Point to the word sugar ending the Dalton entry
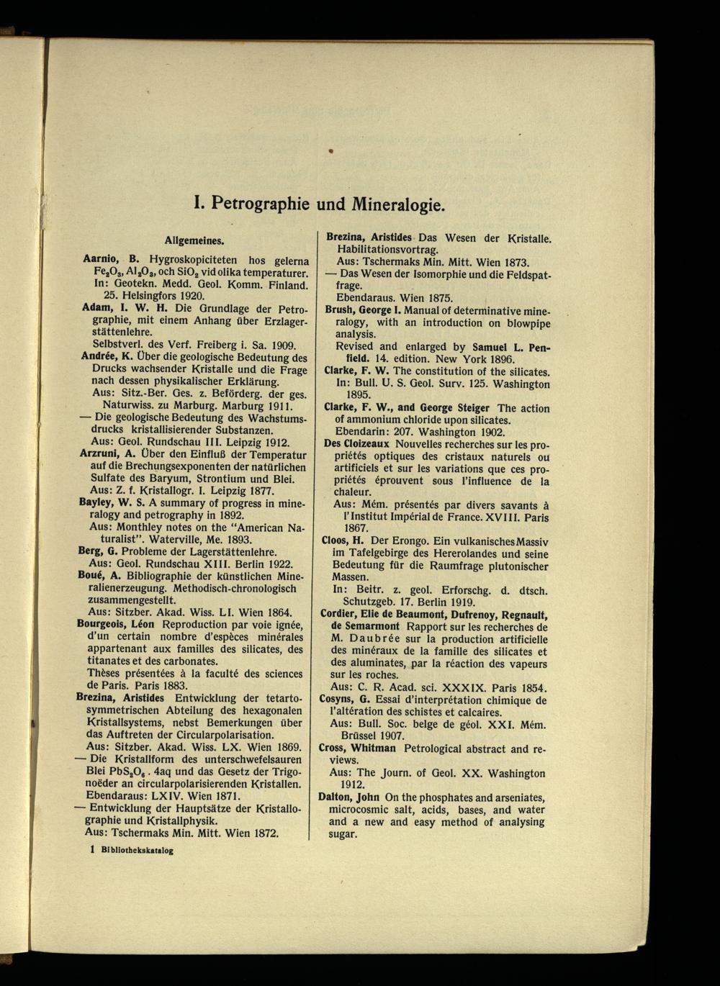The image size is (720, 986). [342, 834]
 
